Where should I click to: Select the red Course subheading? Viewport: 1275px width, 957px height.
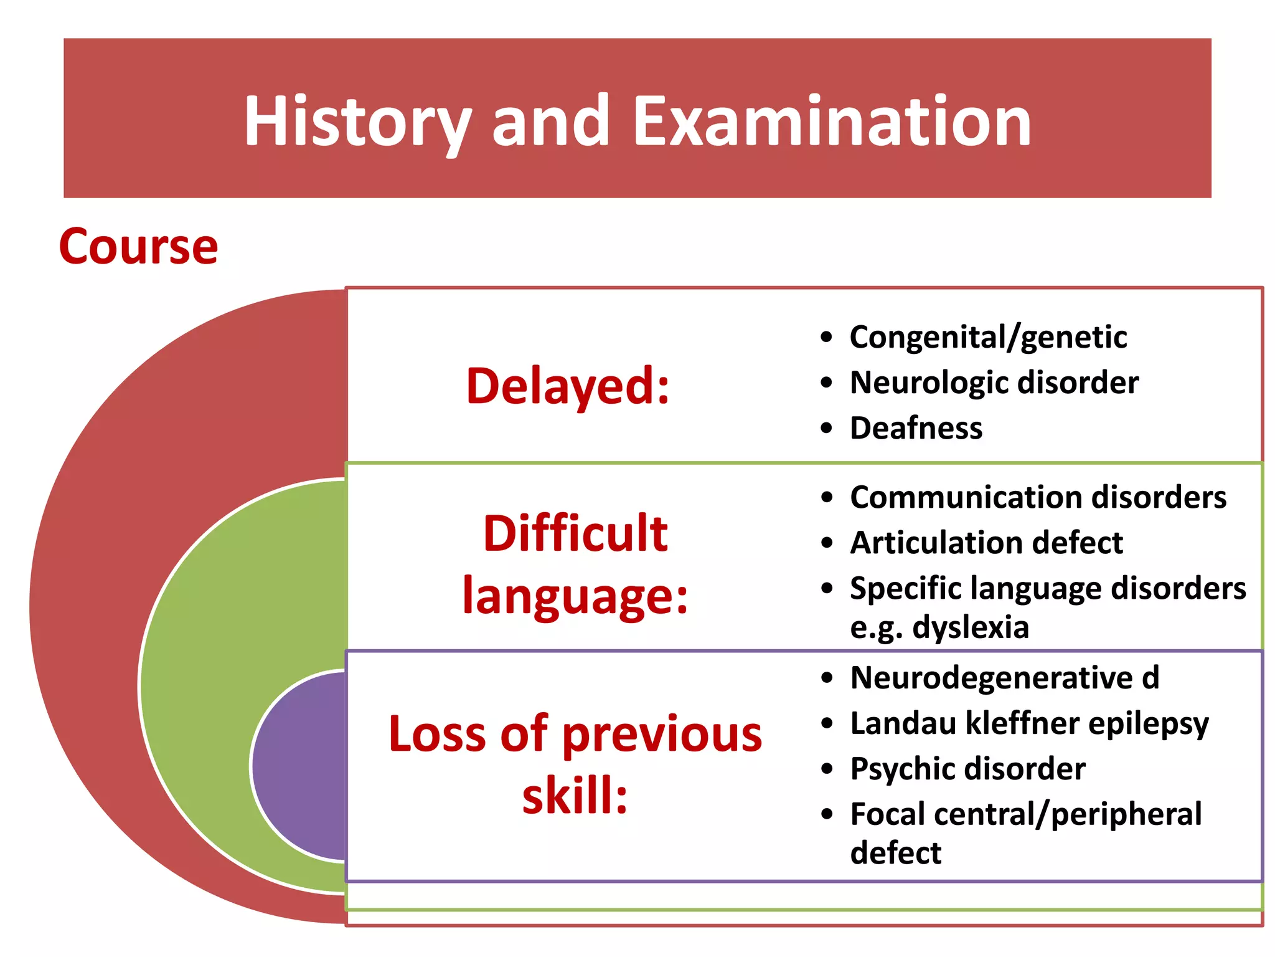pyautogui.click(x=138, y=247)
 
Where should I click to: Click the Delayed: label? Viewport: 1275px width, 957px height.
pyautogui.click(x=568, y=386)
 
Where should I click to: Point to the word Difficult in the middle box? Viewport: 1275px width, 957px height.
pyautogui.click(x=575, y=534)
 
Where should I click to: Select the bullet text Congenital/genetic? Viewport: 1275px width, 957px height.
pyautogui.click(x=988, y=338)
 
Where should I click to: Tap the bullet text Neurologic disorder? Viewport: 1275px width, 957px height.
pyautogui.click(x=994, y=383)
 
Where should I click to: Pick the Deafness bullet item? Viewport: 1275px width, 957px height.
pyautogui.click(x=916, y=429)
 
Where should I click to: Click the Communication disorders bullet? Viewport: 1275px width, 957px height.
pyautogui.click(x=1038, y=498)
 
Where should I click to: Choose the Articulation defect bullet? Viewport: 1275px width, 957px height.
pyautogui.click(x=986, y=543)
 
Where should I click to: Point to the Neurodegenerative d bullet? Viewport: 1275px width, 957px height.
pyautogui.click(x=1004, y=678)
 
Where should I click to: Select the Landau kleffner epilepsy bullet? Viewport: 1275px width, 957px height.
pyautogui.click(x=1029, y=723)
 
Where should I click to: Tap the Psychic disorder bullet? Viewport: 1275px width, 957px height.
pyautogui.click(x=967, y=769)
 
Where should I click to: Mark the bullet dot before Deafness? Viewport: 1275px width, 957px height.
pyautogui.click(x=826, y=429)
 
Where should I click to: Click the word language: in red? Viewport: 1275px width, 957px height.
pyautogui.click(x=575, y=596)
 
